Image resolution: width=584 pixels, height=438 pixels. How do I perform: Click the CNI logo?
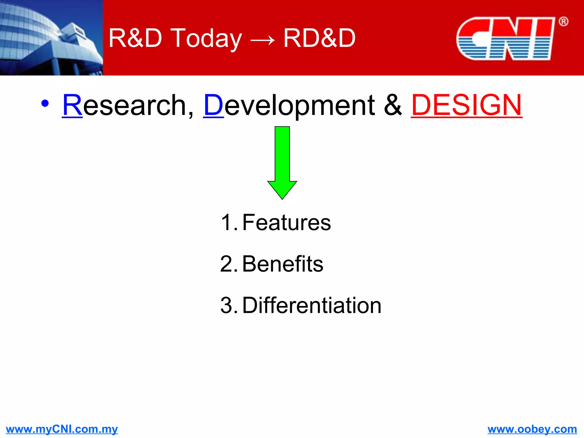pos(505,38)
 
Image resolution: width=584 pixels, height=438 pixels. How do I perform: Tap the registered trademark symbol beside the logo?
pos(563,21)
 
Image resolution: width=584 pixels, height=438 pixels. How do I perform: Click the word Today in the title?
pos(207,38)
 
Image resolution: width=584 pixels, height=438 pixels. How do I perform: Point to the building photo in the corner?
pos(51,38)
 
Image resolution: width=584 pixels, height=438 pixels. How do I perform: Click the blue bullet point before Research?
pos(45,103)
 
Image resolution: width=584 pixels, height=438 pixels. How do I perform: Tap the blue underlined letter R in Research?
pos(72,105)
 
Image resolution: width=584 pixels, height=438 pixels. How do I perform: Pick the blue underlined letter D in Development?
pos(213,105)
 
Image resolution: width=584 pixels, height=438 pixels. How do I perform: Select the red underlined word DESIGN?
pos(467,105)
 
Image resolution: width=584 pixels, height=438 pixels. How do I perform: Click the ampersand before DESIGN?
pos(392,105)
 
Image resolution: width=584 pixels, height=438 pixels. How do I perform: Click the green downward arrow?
pos(282,163)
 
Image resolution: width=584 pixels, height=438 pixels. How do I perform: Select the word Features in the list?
pos(287,222)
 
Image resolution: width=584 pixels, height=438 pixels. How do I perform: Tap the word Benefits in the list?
pos(283,264)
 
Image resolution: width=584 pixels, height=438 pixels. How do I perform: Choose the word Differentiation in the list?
pos(312,305)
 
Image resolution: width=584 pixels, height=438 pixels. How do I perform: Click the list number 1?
pos(227,222)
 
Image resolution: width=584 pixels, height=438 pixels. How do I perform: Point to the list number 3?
pos(227,305)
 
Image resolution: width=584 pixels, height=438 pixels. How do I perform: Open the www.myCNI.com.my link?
pos(62,429)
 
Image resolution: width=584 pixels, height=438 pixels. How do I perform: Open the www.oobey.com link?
pos(532,429)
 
